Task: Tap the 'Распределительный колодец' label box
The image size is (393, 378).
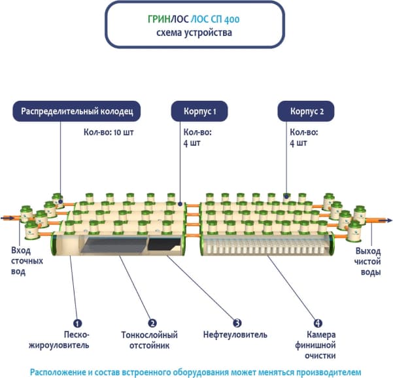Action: coord(78,111)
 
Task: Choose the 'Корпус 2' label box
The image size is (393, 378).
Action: coord(307,111)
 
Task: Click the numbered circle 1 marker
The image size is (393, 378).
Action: coord(77,323)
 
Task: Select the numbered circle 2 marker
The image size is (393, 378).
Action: coord(152,323)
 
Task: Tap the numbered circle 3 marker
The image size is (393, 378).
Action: coord(238,323)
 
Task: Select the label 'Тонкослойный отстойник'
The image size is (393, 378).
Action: coord(150,339)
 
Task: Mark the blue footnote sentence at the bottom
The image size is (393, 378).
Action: coord(196,371)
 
